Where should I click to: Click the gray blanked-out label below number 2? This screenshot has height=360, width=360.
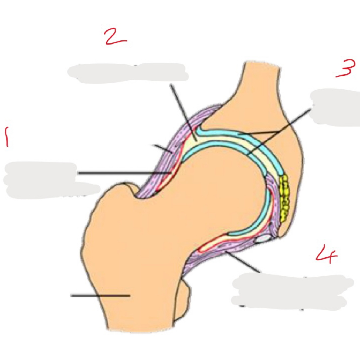click(127, 72)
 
